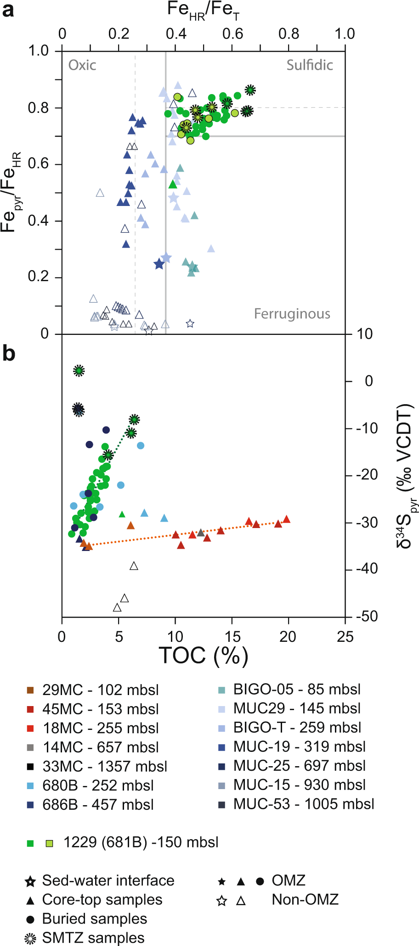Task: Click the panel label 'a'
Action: pos(8,10)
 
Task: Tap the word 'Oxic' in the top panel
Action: pos(82,65)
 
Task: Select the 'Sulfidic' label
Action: pos(310,65)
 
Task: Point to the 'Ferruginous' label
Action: pos(292,314)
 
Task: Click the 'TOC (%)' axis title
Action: pos(203,655)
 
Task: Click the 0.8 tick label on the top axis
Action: pos(289,33)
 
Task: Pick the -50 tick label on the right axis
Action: pos(367,616)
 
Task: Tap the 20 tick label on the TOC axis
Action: pos(288,637)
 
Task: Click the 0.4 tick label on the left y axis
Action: pos(38,221)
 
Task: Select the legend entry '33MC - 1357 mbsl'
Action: pos(105,766)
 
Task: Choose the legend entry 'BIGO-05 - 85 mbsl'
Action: pos(297,689)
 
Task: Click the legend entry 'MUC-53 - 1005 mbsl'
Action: pos(303,804)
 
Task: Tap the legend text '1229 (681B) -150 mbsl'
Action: pos(141,842)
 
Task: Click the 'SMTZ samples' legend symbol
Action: pos(30,938)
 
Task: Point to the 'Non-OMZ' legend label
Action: pos(305,900)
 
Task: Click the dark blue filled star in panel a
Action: pos(159,264)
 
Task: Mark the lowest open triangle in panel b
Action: pos(117,608)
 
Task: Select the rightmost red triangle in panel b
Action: pos(286,519)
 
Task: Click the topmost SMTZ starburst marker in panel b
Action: pos(79,371)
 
